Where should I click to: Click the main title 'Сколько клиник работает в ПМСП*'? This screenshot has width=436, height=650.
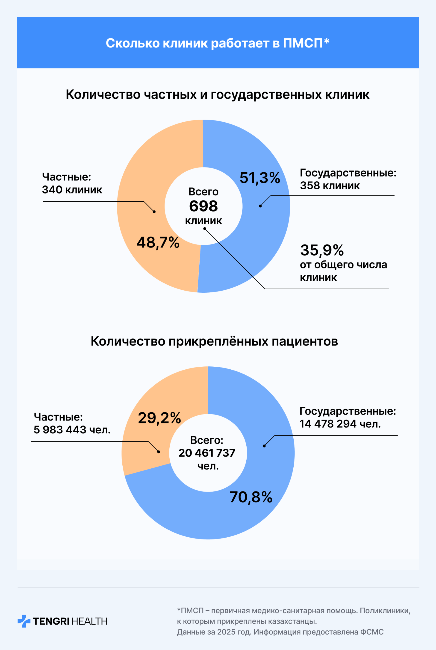(x=218, y=43)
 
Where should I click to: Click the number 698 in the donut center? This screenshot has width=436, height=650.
(x=203, y=206)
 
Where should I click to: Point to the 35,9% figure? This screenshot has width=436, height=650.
(x=322, y=250)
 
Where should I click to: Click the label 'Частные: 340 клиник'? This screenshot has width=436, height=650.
(x=72, y=183)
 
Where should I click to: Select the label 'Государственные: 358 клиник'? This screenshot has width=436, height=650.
(x=348, y=179)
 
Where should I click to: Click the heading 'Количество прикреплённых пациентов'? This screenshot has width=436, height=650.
(x=214, y=341)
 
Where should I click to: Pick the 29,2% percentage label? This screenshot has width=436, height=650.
(x=159, y=418)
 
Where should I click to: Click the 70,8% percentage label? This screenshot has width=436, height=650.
(x=251, y=497)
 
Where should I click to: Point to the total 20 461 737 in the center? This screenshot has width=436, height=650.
(x=207, y=453)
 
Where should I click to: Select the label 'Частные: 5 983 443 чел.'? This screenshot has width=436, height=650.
(x=72, y=423)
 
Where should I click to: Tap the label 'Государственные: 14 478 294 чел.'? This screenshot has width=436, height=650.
(x=348, y=417)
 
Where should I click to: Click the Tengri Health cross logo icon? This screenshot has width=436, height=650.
(x=24, y=621)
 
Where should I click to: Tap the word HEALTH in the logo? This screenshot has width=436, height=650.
(x=89, y=621)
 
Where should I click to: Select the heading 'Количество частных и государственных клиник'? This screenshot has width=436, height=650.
(x=218, y=94)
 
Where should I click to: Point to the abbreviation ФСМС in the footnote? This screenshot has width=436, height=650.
(x=372, y=632)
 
